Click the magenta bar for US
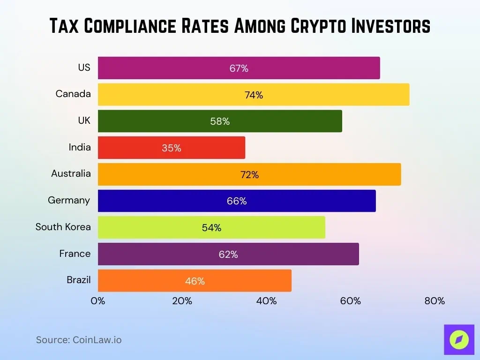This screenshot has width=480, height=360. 239,68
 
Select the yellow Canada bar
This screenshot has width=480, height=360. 253,95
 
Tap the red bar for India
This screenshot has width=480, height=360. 171,148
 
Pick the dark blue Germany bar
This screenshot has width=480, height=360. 236,201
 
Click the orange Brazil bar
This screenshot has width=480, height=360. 195,281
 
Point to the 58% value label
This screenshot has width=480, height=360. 220,121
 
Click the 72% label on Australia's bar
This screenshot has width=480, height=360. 249,175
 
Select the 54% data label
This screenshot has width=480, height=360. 211,228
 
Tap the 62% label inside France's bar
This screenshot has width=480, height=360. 228,255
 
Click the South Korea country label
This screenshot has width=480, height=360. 63,227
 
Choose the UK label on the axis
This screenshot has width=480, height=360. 84,120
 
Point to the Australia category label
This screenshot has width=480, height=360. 71,173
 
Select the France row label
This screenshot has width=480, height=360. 75,254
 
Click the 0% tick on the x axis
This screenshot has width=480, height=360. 98,301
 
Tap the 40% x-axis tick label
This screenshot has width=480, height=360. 266,301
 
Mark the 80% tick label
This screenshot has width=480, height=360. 435,301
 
